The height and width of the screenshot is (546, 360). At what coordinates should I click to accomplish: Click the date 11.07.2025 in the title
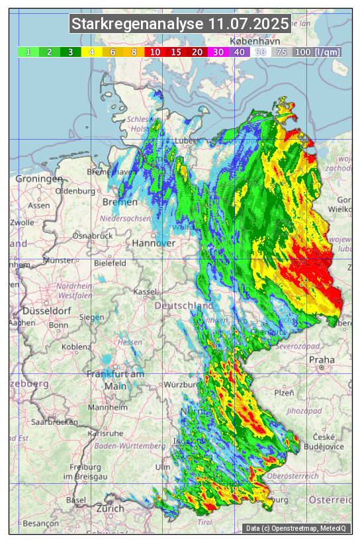click(248, 24)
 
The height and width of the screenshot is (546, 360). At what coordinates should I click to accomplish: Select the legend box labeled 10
click(155, 52)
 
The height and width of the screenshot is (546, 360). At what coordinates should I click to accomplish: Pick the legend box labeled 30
click(218, 52)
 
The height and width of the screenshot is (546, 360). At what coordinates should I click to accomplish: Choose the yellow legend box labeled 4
click(91, 52)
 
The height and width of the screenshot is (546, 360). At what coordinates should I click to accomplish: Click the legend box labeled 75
click(281, 52)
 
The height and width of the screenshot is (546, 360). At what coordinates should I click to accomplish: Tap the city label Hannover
click(154, 243)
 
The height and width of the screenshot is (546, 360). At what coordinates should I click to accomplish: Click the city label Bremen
click(120, 202)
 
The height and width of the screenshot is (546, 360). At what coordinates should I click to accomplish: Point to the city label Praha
click(322, 360)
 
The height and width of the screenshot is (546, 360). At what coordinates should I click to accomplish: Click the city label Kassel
click(144, 291)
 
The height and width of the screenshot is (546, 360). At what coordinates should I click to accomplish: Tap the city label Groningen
click(39, 179)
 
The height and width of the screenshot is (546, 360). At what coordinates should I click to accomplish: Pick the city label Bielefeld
click(110, 263)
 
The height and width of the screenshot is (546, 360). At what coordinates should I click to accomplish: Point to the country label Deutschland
click(184, 306)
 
